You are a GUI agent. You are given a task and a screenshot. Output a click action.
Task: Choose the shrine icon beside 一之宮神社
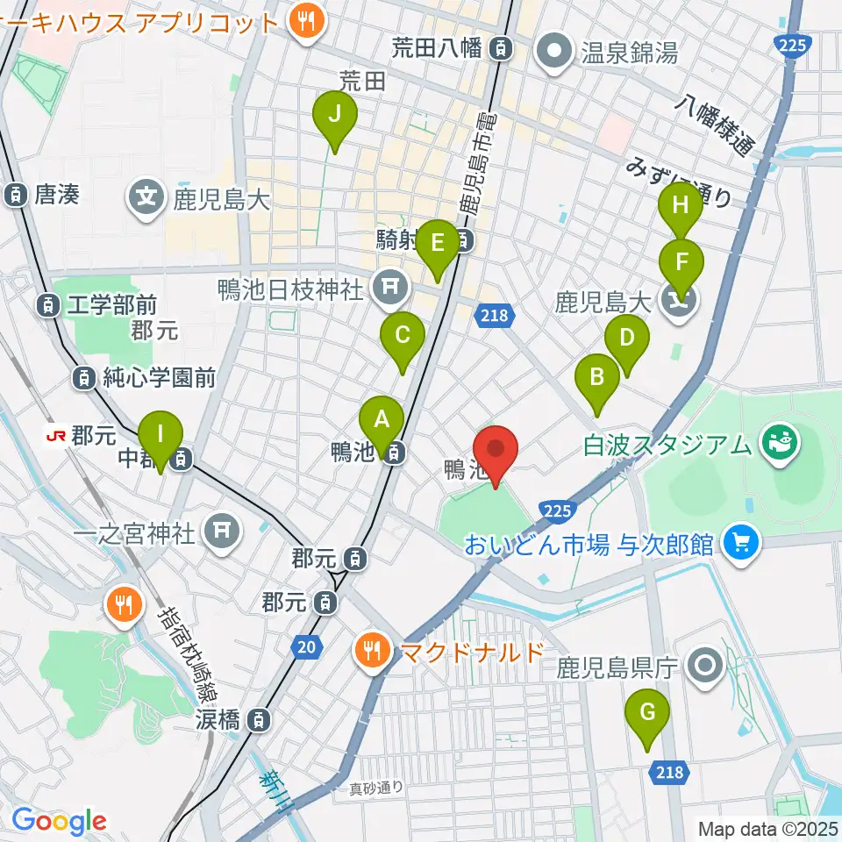coord(219,532)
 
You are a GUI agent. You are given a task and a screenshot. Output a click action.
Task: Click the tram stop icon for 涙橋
coord(258,721)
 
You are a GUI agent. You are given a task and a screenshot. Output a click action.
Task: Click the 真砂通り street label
coord(373,787)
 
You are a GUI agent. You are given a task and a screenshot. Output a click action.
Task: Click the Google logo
coord(59,821)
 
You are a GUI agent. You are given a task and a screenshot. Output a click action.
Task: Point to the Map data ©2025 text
coord(768,828)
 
